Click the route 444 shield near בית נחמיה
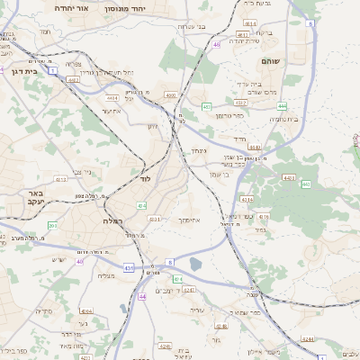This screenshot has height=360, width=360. (282, 105)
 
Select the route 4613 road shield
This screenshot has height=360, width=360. (242, 35)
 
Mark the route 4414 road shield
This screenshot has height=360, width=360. (112, 97)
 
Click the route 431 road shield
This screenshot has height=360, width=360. (129, 267)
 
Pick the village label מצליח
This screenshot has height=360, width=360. (105, 275)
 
